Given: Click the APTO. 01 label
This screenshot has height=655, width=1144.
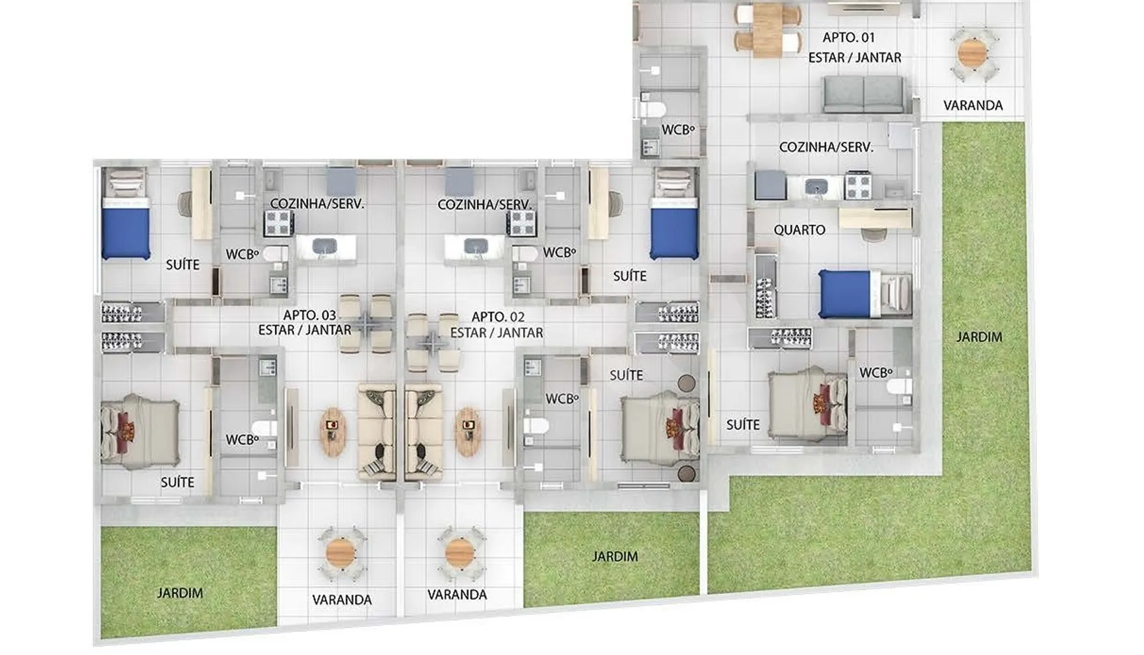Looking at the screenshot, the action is click(849, 38).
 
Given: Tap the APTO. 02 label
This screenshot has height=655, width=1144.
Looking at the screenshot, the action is click(498, 317).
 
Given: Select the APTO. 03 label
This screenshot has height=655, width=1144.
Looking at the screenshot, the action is click(309, 315).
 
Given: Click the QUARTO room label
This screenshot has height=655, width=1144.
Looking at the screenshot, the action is click(799, 230).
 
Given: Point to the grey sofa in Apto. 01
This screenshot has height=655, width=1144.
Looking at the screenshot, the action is click(863, 94).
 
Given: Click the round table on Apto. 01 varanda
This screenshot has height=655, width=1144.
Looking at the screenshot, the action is click(972, 53).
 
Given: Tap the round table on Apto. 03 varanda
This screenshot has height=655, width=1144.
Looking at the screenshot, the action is click(340, 554).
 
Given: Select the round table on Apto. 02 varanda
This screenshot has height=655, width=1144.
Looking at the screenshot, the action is click(460, 554).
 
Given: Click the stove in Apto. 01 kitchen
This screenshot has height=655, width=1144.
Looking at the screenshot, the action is click(857, 186).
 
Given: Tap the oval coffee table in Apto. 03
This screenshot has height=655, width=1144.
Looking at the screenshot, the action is click(333, 432).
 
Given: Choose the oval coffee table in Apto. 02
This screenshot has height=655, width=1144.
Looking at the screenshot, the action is click(468, 432).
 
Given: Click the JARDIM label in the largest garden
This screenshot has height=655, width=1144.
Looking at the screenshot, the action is click(979, 337).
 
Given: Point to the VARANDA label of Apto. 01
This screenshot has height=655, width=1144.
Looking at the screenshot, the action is click(973, 105).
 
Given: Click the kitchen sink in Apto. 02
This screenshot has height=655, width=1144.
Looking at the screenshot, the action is click(476, 246).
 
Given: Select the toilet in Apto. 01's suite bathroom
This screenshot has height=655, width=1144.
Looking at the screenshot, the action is click(900, 387).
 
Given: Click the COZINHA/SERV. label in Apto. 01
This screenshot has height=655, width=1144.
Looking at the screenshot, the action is click(826, 148).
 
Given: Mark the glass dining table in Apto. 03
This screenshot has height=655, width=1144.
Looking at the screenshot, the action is click(366, 323).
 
